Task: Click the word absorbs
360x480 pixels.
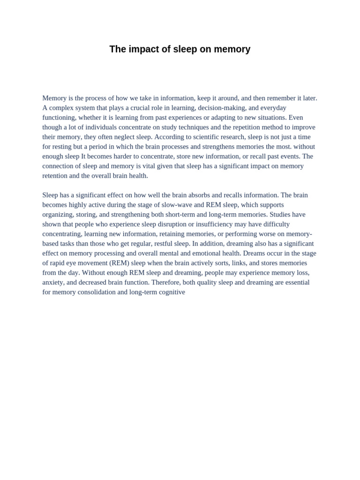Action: [198, 195]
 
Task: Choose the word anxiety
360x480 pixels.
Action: [53, 282]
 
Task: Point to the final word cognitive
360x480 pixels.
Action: [171, 292]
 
